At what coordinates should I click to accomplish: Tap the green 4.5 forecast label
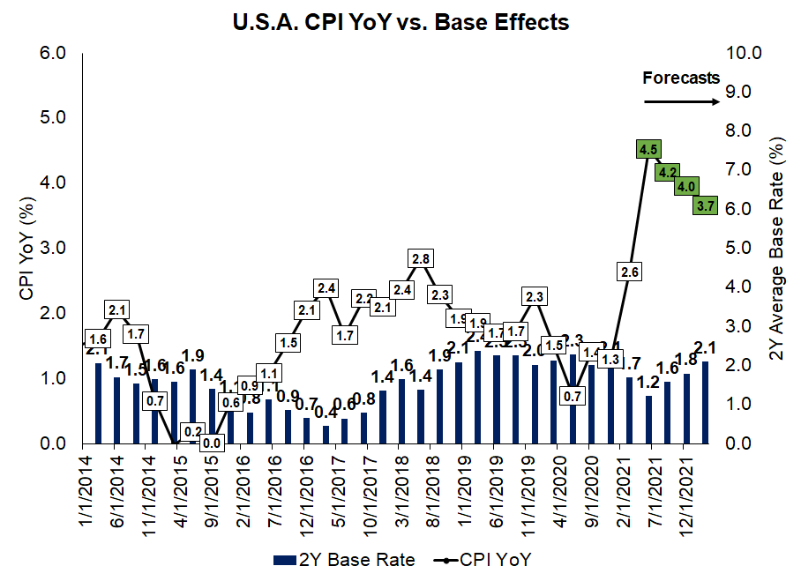point(648,150)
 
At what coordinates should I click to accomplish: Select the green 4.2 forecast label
point(667,173)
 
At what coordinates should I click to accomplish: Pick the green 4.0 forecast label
point(686,187)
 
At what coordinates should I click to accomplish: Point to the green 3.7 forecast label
point(705,206)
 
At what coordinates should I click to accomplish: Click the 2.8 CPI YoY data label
point(421,259)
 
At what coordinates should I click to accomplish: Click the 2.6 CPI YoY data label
point(630,272)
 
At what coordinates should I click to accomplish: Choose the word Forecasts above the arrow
point(681,78)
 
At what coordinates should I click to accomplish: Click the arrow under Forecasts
point(681,101)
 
